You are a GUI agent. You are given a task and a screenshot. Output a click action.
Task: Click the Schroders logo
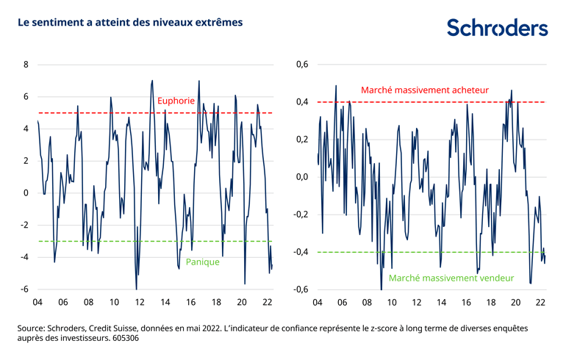498,28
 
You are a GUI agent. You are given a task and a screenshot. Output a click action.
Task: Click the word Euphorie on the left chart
176,101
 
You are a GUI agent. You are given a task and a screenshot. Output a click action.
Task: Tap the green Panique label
202,262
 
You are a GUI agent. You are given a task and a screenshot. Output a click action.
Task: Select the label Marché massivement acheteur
424,90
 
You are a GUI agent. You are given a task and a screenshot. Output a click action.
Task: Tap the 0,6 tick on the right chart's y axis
301,65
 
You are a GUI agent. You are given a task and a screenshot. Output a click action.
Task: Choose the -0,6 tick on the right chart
300,289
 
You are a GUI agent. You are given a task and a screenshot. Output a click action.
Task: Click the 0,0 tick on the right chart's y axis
301,177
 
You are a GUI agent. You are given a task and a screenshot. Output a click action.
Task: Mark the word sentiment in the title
58,23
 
